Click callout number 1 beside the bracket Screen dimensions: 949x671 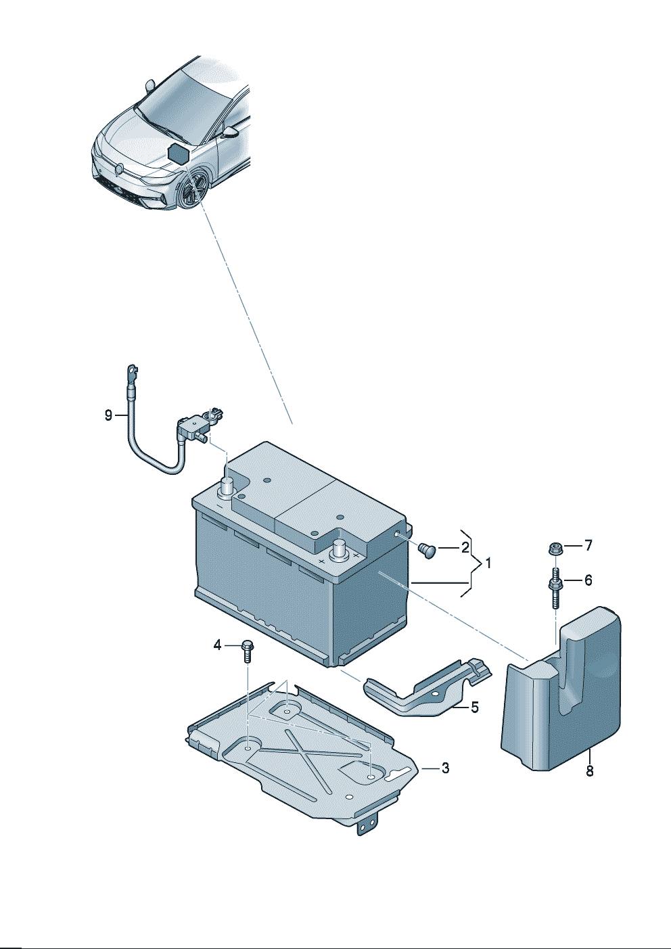pos(488,563)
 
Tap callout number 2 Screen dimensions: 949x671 pos(465,547)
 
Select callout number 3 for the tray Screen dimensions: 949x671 pos(444,768)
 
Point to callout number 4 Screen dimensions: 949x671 pos(217,645)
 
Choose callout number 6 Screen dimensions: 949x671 pos(588,580)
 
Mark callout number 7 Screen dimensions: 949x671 pos(588,545)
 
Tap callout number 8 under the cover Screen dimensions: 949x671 pos(589,770)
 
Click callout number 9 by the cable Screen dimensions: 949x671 pos(108,415)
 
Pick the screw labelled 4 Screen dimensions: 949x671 pos(247,650)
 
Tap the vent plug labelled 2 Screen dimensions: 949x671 pos(426,549)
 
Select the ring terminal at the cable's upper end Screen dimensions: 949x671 pos(131,373)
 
